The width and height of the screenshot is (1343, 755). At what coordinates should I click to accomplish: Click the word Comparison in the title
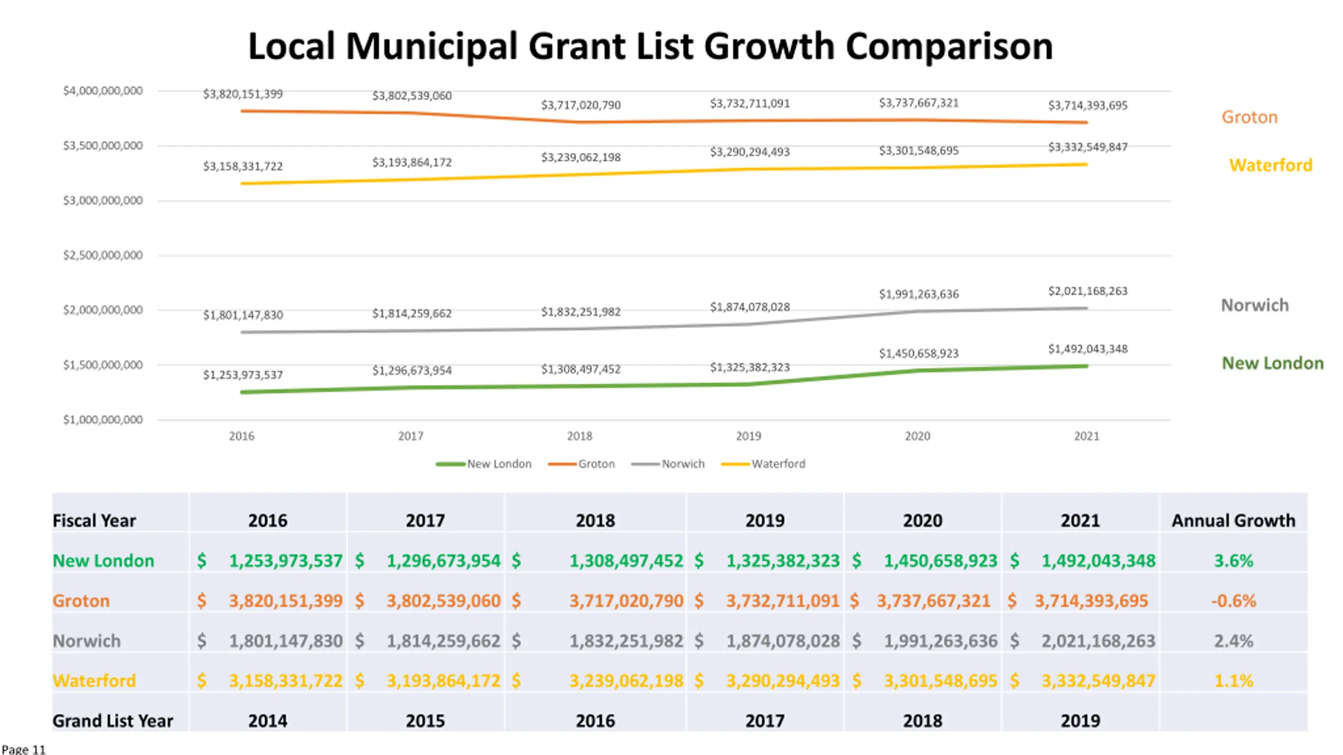click(x=949, y=46)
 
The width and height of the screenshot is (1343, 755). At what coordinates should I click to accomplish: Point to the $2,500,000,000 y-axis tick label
click(x=103, y=255)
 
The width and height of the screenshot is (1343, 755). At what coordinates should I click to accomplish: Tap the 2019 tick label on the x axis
click(x=748, y=436)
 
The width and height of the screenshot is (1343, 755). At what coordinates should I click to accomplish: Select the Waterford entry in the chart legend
click(x=763, y=464)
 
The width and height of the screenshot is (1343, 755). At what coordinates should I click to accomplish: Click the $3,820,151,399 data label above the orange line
click(x=243, y=94)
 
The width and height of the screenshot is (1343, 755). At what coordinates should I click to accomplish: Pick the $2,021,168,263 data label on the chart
click(x=1088, y=291)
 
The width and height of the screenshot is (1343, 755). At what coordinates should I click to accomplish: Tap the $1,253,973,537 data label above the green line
click(x=243, y=375)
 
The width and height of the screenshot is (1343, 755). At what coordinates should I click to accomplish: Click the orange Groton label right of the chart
click(x=1249, y=117)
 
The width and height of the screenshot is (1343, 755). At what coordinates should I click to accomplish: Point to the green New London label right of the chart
click(x=1273, y=363)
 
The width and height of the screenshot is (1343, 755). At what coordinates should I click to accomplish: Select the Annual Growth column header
click(x=1233, y=521)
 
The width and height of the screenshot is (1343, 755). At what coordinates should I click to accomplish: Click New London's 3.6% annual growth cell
click(x=1233, y=560)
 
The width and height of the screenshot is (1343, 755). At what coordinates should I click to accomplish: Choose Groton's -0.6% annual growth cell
click(x=1233, y=601)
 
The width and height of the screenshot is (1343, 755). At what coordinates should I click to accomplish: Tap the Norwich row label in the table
click(x=87, y=641)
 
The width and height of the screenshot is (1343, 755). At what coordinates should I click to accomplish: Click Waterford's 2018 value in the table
click(x=626, y=681)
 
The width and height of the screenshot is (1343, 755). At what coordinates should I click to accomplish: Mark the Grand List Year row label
click(x=113, y=721)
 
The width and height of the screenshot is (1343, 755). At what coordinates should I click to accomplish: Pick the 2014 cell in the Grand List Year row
click(x=268, y=721)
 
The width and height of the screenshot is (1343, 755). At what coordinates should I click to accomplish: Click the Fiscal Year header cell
click(x=94, y=521)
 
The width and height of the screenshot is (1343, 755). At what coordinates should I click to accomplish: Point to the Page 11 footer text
click(x=24, y=749)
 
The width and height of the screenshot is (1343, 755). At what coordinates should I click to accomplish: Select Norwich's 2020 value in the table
click(x=941, y=641)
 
